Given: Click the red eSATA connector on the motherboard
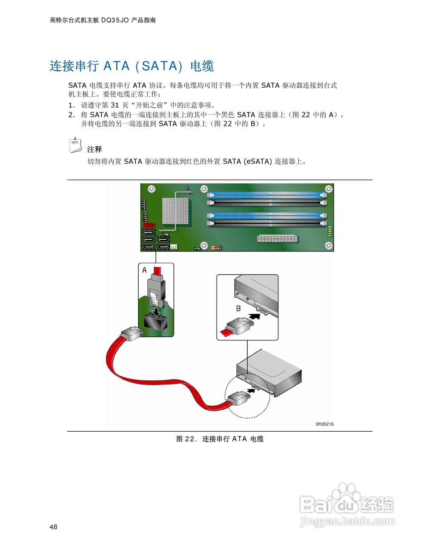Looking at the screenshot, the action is click(x=149, y=226).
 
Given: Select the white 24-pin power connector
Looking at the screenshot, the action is click(x=277, y=238).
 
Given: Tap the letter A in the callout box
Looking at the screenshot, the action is click(x=145, y=270).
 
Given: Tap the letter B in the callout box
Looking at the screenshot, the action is click(x=238, y=308).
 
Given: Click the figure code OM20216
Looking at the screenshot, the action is click(x=324, y=424).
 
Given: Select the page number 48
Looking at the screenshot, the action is click(x=53, y=527).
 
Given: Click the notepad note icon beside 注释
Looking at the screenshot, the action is click(x=75, y=145).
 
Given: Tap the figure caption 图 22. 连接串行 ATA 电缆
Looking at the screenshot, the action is click(x=220, y=439).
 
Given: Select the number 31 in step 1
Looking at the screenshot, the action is click(x=115, y=105).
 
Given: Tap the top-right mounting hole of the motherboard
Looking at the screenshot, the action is click(x=329, y=188).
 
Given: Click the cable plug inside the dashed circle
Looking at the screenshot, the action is click(x=239, y=399).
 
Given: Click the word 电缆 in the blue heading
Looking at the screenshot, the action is click(x=202, y=66).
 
